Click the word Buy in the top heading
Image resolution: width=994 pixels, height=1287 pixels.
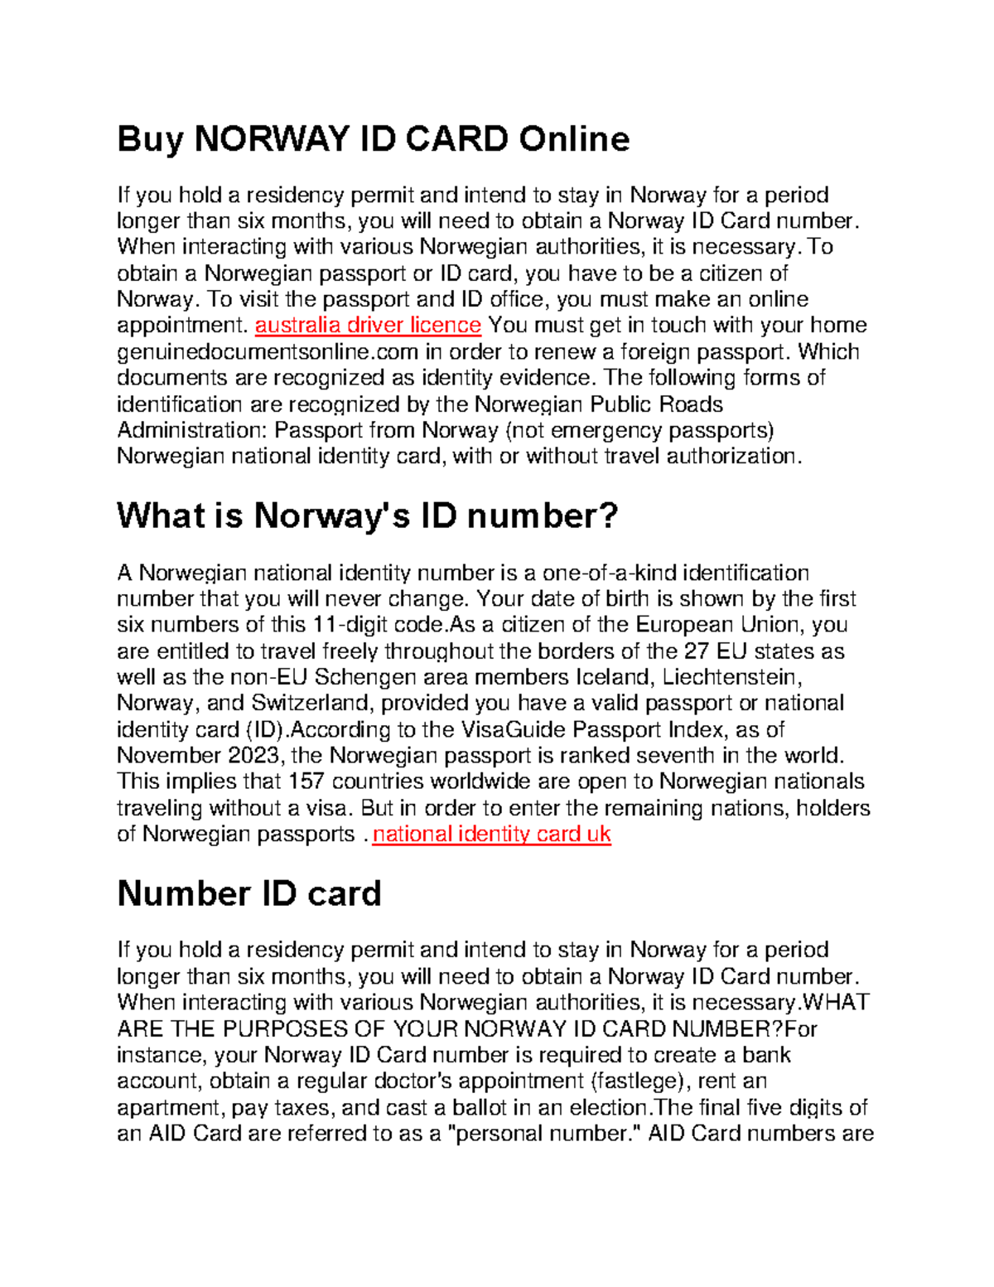150,139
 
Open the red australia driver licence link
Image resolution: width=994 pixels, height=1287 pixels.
368,325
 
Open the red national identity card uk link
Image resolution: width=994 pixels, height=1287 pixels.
491,834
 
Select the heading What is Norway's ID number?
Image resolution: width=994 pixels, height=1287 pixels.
368,515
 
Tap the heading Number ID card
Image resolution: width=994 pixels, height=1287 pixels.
249,893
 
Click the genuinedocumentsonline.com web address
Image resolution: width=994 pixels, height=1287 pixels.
268,351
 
